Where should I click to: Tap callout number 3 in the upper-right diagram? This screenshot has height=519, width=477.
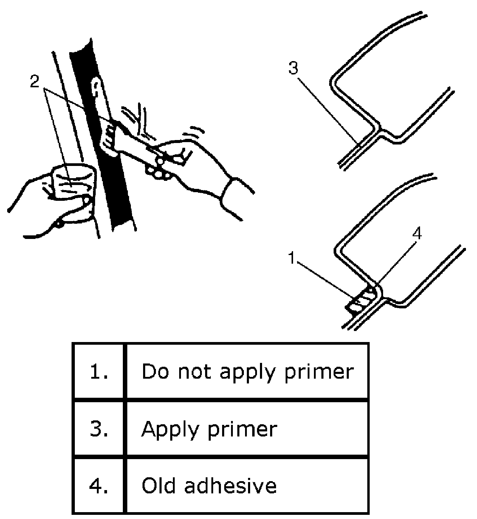click(293, 68)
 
